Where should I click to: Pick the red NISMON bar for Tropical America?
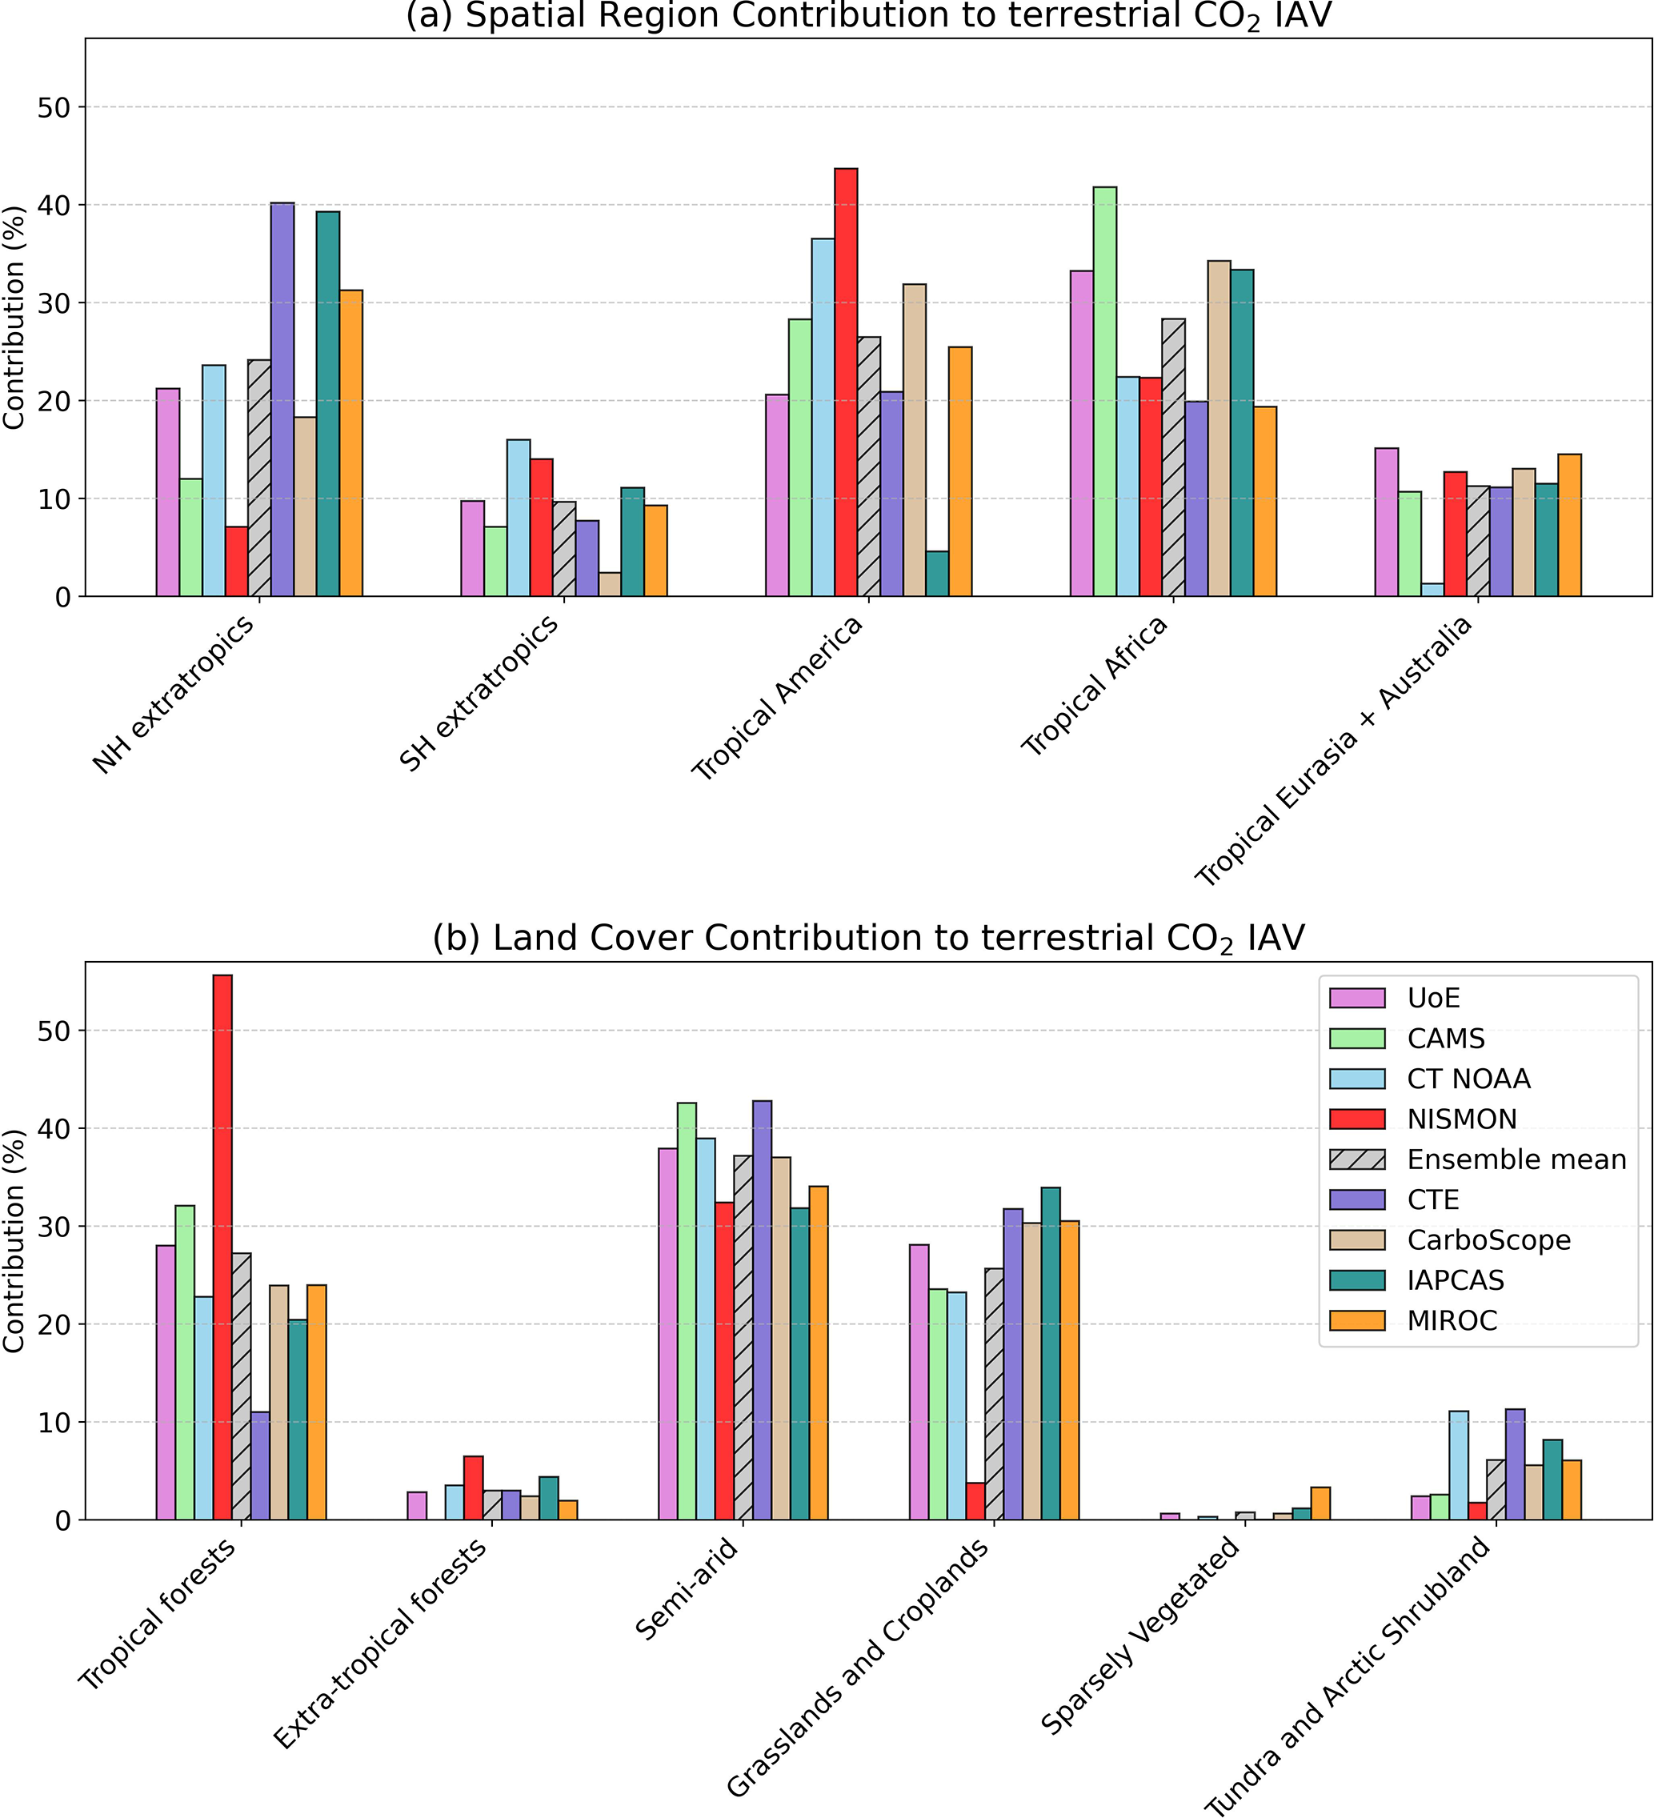pos(846,382)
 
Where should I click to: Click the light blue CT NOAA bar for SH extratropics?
pos(519,518)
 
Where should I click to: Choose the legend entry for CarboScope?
pos(1488,1241)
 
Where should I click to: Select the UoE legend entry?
pos(1433,999)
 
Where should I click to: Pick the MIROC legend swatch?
pos(1357,1321)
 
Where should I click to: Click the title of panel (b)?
pos(867,939)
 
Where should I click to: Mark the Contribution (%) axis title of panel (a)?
pos(14,318)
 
